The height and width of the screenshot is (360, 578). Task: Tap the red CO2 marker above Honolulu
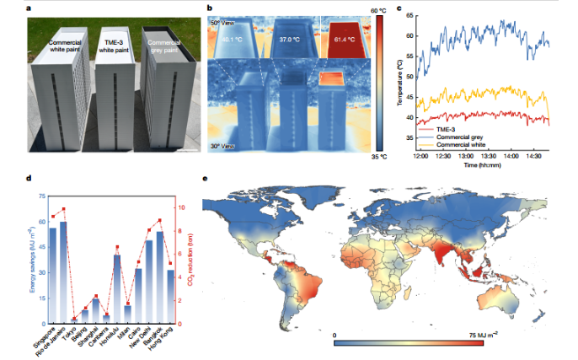pos(116,248)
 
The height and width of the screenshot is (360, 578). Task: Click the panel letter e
pos(208,179)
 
